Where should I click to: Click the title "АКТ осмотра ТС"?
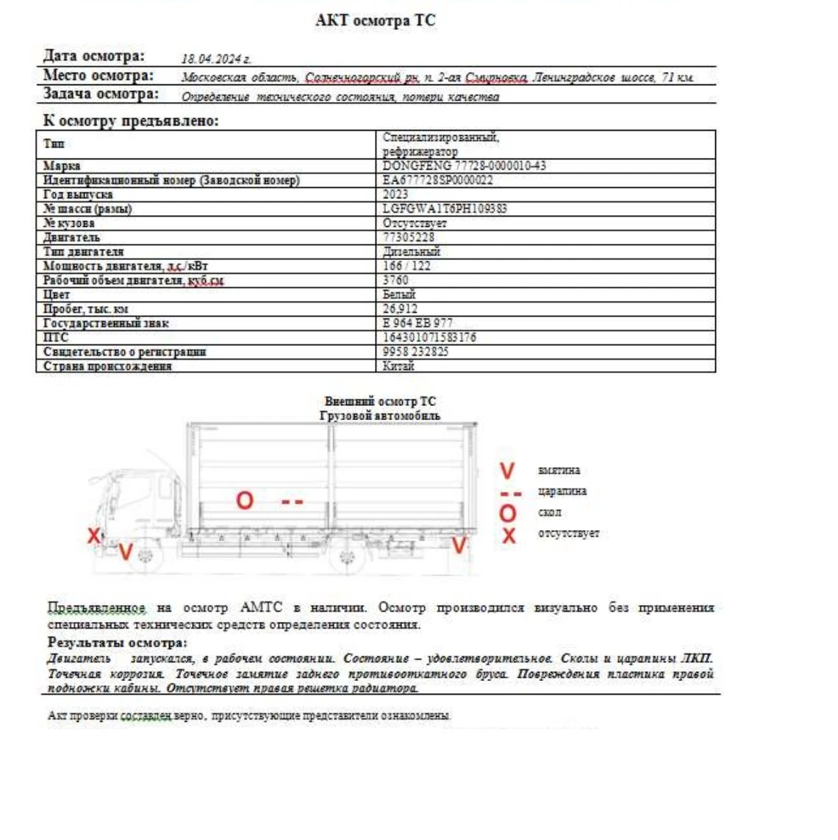[375, 21]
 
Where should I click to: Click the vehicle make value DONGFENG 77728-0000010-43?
[464, 166]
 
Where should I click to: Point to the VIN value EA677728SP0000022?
[437, 180]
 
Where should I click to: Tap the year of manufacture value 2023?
[395, 195]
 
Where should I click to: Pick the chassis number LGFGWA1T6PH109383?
[444, 209]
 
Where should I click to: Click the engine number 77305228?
[408, 237]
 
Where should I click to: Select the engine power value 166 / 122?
[407, 266]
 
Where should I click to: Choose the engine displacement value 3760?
[395, 280]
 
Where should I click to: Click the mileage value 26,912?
[400, 308]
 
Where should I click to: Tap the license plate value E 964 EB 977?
[418, 323]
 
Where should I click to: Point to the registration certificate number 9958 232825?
[415, 352]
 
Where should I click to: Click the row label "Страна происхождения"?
[107, 366]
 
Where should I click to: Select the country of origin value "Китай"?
[398, 366]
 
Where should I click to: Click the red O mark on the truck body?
[244, 501]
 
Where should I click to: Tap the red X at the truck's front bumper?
[93, 535]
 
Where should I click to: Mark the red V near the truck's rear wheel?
[459, 545]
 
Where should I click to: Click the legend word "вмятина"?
[559, 470]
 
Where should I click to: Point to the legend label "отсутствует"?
[568, 533]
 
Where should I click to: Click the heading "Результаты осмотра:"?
[117, 643]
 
